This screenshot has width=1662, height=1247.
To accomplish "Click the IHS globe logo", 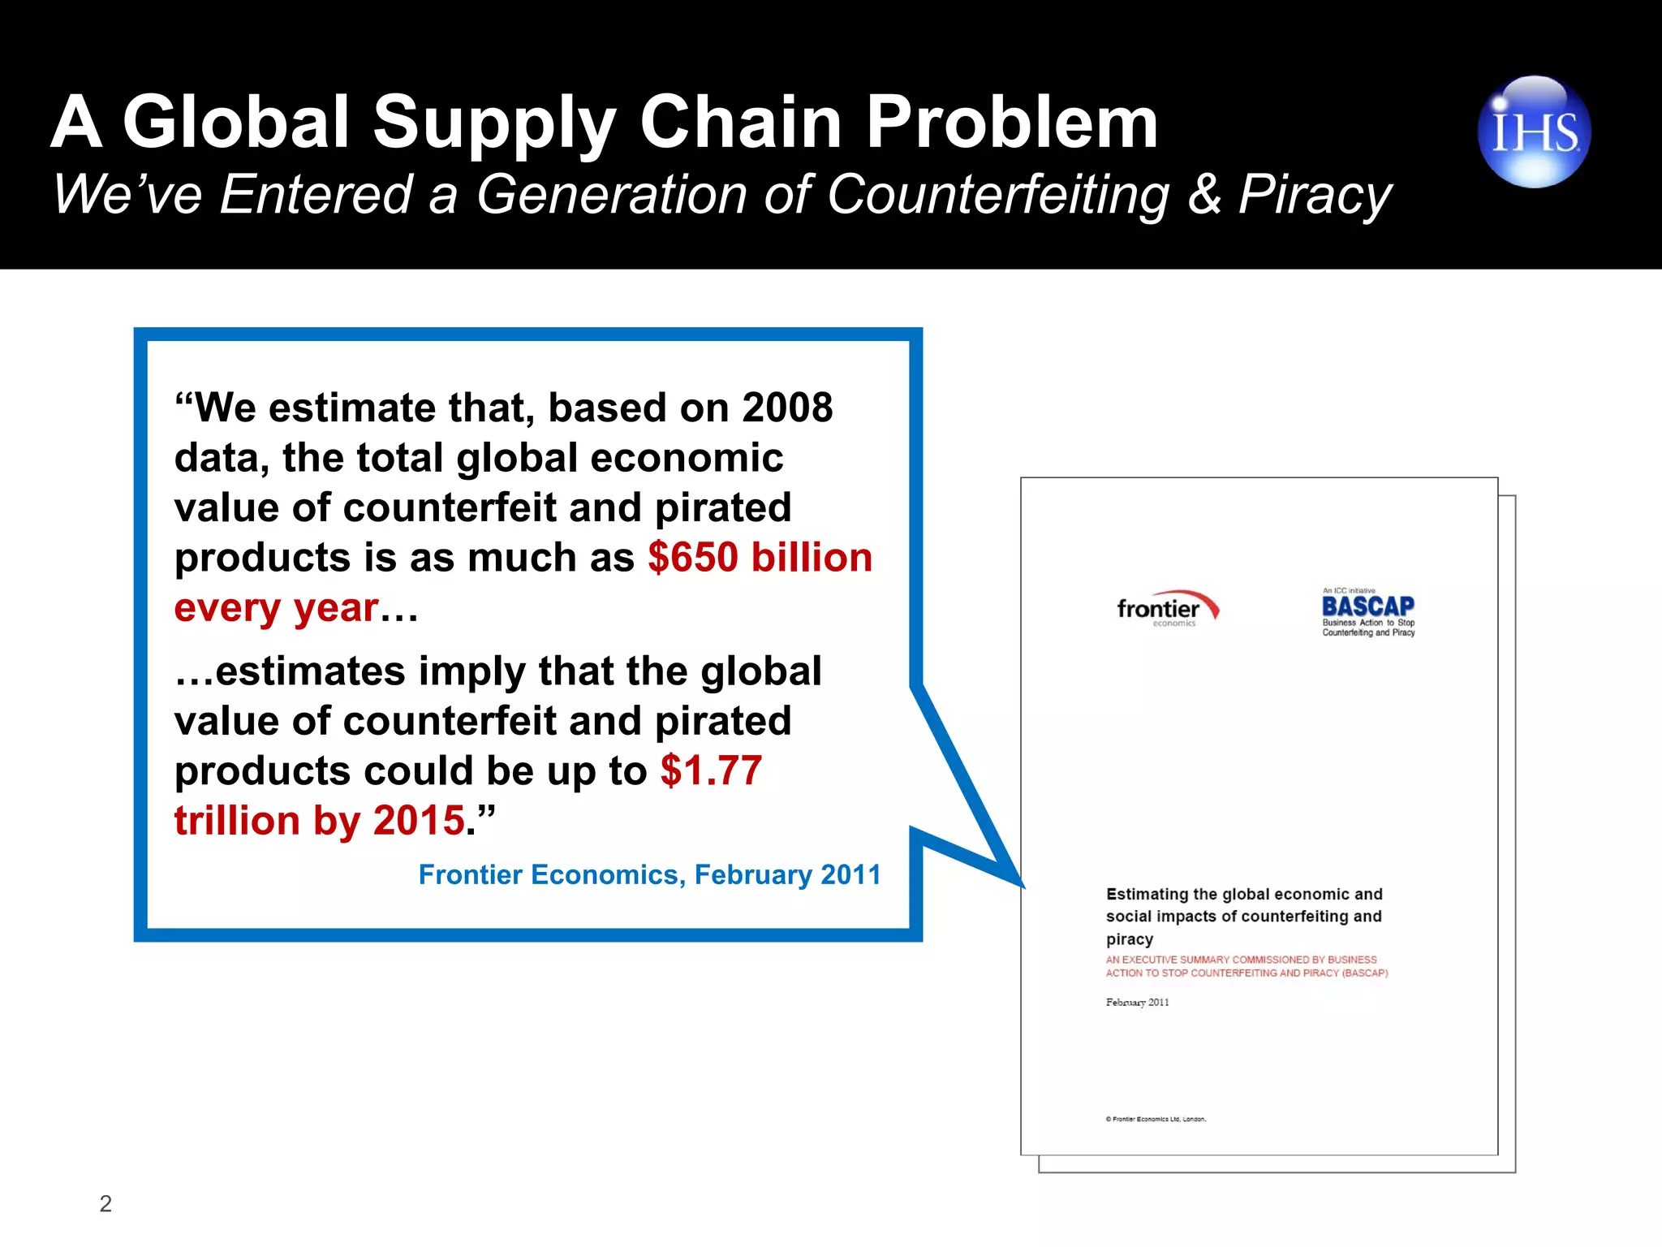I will tap(1534, 132).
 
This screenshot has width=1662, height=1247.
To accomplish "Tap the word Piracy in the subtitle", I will tap(1315, 195).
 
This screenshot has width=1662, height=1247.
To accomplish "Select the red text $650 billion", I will tap(760, 558).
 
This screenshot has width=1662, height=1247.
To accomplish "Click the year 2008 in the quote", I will tap(787, 408).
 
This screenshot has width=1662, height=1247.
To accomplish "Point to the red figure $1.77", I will tap(711, 770).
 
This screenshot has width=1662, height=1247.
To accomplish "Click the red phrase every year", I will tap(277, 608).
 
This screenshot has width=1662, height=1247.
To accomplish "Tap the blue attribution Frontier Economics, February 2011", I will tap(649, 874).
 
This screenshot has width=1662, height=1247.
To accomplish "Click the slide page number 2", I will tap(105, 1203).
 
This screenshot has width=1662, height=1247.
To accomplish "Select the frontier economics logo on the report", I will tap(1167, 609).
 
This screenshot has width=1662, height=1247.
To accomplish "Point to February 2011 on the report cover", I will tap(1137, 1003).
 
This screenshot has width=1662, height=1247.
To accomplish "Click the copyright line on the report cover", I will tap(1156, 1119).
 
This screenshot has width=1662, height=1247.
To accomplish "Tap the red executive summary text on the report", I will tap(1246, 966).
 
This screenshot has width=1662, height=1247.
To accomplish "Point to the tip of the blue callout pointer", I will tap(1023, 886).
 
